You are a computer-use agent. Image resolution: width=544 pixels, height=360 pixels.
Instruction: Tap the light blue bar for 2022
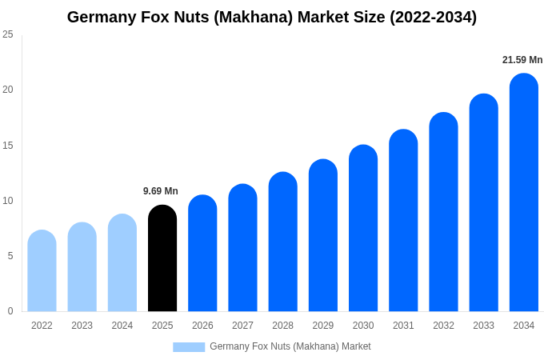tap(42, 271)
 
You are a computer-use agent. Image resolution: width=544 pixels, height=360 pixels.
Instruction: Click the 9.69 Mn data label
tap(161, 191)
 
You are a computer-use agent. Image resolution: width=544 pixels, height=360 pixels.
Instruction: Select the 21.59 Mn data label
tap(522, 60)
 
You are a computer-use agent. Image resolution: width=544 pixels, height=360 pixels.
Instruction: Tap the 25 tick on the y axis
tap(8, 34)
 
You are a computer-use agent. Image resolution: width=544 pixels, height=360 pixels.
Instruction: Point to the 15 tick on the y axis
tap(8, 146)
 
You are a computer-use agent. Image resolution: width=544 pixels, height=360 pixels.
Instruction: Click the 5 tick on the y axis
tap(10, 256)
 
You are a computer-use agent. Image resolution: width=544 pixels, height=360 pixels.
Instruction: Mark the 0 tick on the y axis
tap(10, 311)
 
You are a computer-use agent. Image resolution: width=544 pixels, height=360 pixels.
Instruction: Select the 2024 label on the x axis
tap(122, 326)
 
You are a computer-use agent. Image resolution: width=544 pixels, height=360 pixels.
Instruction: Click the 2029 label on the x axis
tap(323, 326)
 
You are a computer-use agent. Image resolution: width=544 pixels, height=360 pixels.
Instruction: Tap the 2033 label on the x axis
tap(483, 326)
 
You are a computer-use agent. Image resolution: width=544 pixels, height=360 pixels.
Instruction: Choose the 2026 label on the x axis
tap(202, 326)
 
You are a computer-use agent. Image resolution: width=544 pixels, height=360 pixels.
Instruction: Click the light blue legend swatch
tap(189, 347)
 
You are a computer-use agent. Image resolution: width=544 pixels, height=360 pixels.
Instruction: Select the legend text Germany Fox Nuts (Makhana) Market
tap(290, 346)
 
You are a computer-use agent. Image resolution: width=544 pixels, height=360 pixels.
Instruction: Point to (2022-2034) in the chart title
tap(433, 17)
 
